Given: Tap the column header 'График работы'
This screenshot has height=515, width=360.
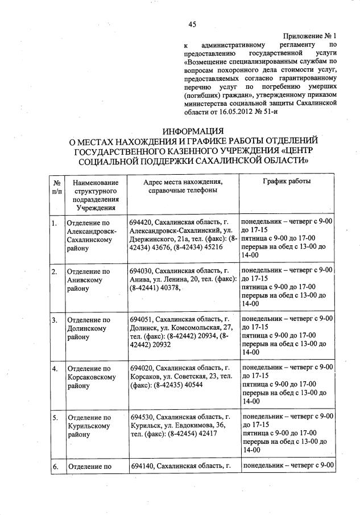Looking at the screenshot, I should [287, 181].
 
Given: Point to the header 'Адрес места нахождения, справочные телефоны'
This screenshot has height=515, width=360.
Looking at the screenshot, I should [183, 186].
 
